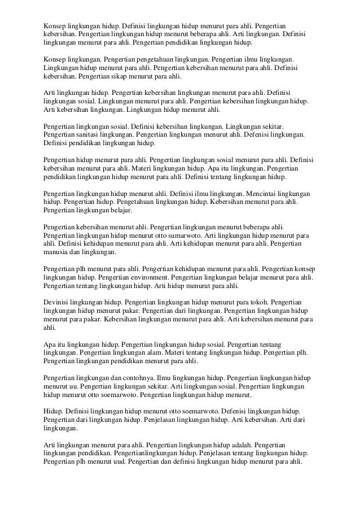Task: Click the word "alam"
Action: pos(155,352)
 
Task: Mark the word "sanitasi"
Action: pos(86,135)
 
